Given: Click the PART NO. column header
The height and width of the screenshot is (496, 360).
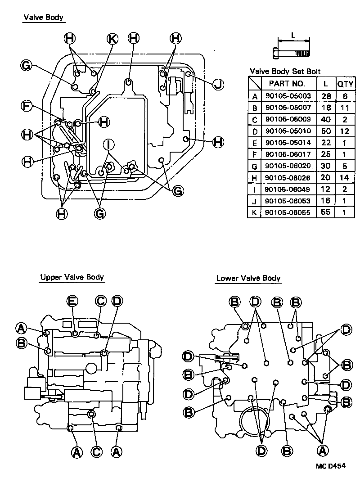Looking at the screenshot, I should click(x=287, y=83).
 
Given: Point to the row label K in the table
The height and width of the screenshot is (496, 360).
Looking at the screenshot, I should click(x=255, y=212).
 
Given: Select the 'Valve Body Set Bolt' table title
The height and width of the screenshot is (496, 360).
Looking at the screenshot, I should click(x=285, y=71).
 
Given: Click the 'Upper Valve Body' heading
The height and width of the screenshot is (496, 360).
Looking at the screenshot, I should click(x=72, y=277).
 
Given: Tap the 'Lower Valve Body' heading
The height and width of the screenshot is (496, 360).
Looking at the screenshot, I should click(x=248, y=278).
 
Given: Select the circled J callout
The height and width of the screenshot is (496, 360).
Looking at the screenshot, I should click(x=218, y=84).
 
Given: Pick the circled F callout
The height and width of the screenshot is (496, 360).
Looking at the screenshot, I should click(x=27, y=106).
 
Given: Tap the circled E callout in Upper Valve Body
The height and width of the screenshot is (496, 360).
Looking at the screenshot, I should click(x=72, y=300).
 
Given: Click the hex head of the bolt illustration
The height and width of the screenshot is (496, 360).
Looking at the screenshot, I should click(x=274, y=54).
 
